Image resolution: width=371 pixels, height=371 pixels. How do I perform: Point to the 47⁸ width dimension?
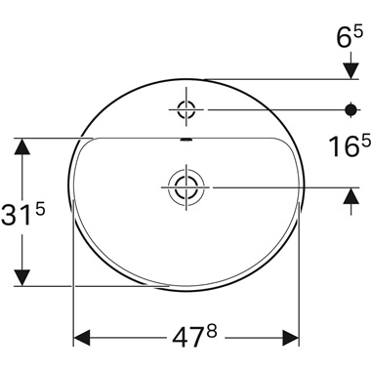point(185,336)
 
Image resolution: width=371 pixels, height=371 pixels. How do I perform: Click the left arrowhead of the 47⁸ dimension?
point(82,337)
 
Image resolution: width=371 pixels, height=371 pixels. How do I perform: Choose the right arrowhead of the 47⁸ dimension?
point(292,337)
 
